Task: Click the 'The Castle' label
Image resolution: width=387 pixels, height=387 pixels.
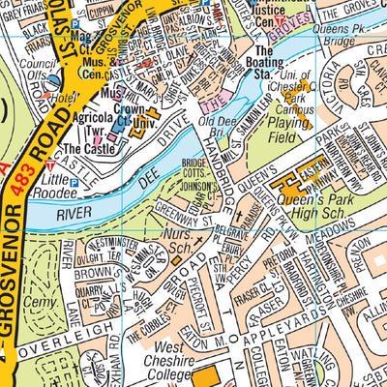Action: [87, 151]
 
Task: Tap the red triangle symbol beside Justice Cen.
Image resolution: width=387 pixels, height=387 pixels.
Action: [279, 20]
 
